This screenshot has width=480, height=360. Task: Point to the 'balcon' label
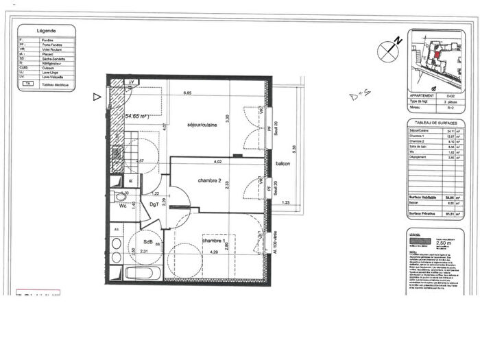(x=283, y=165)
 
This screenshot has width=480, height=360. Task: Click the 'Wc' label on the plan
(x=122, y=205)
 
